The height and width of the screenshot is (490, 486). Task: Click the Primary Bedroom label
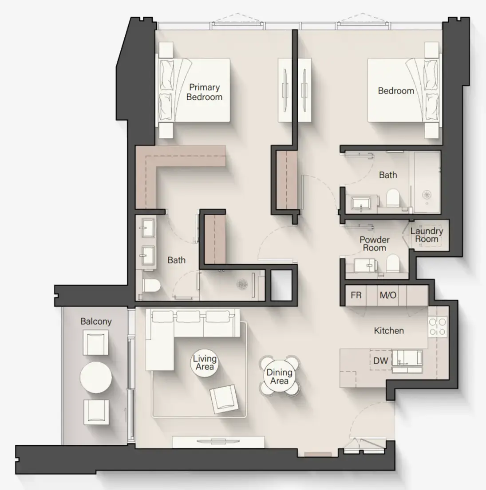[204, 92]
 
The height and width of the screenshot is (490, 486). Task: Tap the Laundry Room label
[427, 235]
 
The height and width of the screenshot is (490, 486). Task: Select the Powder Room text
[375, 243]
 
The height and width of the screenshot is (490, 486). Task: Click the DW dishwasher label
[380, 361]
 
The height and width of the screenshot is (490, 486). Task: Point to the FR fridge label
[356, 295]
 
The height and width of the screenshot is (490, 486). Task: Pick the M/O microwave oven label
[387, 295]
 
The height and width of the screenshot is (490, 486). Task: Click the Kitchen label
[389, 330]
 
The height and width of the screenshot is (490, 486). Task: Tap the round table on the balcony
[96, 377]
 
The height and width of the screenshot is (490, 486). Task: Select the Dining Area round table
[279, 375]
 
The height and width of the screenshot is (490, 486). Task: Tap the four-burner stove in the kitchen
[437, 327]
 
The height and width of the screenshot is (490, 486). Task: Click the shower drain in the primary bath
[242, 284]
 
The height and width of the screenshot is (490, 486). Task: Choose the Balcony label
[96, 321]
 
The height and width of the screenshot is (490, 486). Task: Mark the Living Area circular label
[205, 362]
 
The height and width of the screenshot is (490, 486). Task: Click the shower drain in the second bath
[426, 195]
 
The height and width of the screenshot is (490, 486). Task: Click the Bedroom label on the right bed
[396, 91]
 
